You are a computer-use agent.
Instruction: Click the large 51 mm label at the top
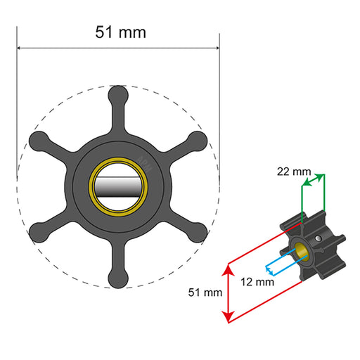(x=118, y=31)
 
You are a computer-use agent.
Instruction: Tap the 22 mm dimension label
(x=293, y=172)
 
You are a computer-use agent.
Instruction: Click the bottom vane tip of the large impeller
(x=118, y=281)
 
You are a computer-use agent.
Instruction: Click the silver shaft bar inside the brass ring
(x=118, y=188)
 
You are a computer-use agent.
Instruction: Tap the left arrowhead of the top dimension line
(x=20, y=49)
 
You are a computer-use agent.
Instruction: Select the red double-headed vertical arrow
(x=227, y=292)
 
